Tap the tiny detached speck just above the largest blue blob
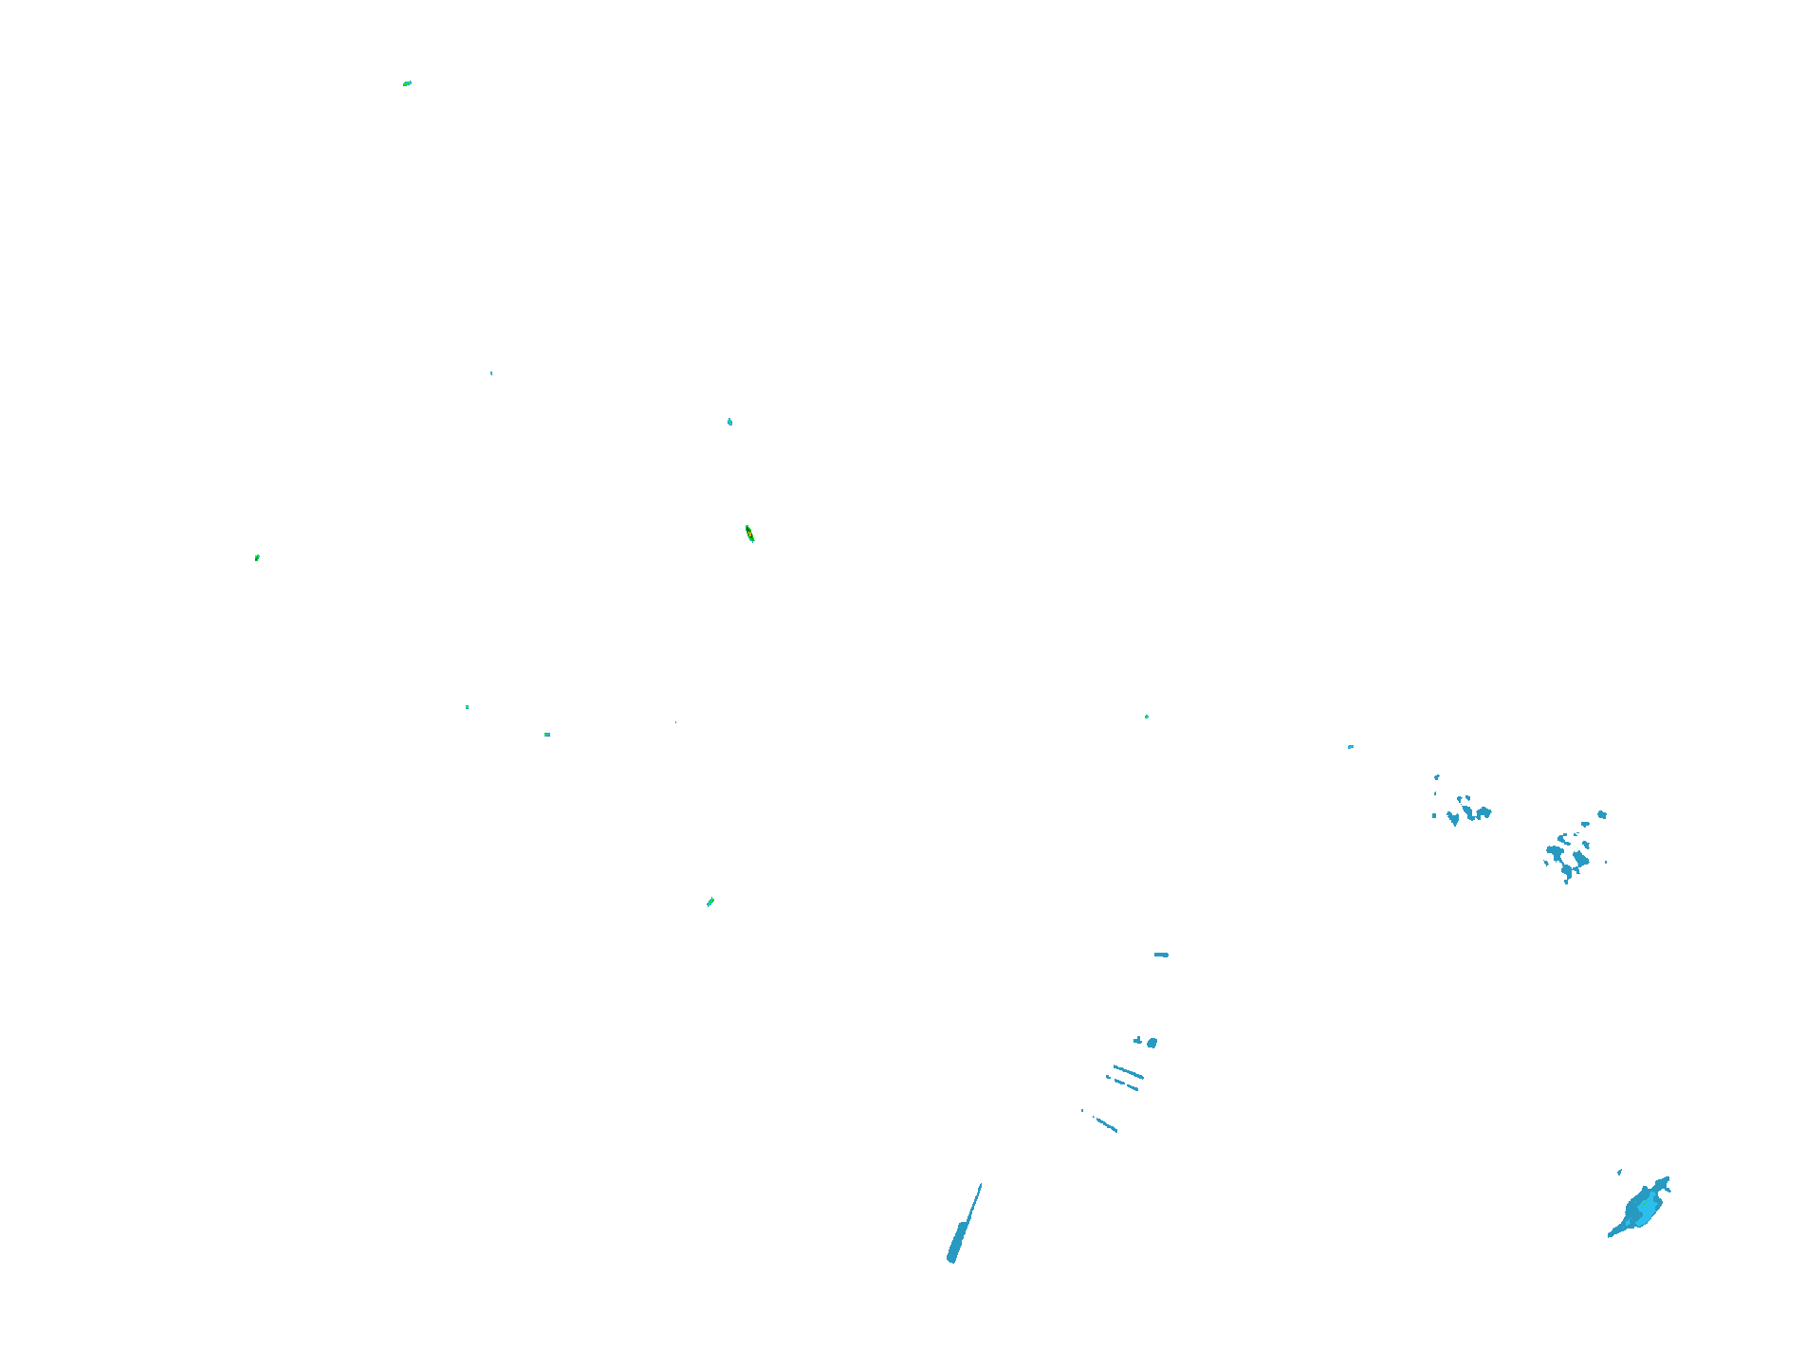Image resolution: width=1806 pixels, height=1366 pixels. click(1619, 1173)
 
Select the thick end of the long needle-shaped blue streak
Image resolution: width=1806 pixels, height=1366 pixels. click(952, 1256)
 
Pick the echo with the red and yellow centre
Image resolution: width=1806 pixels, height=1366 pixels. click(749, 534)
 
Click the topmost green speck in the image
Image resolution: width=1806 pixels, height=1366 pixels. click(407, 83)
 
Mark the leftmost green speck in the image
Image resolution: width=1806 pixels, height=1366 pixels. click(257, 557)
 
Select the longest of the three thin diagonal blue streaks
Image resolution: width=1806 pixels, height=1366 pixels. click(1128, 1072)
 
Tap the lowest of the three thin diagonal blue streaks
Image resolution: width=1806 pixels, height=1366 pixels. click(1105, 1125)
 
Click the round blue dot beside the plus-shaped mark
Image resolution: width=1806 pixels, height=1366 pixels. click(1152, 1043)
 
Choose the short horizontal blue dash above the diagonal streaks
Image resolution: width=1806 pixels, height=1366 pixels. click(1161, 955)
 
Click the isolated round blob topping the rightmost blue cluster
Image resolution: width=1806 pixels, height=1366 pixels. click(1602, 814)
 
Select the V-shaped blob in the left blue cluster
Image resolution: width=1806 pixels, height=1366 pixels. click(1453, 818)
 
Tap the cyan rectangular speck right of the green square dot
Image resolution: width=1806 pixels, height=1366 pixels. click(547, 735)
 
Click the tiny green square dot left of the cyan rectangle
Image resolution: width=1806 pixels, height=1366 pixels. click(467, 707)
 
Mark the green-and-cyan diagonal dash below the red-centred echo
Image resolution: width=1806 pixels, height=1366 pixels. click(710, 902)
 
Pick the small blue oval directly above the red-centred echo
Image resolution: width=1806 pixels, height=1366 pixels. click(729, 422)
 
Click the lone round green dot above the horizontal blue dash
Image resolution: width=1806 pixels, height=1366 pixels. click(1147, 717)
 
